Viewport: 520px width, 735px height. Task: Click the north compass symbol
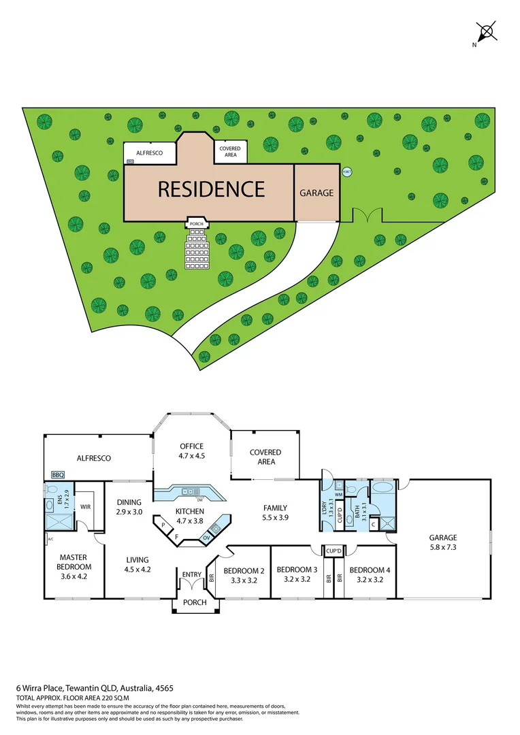pos(486,33)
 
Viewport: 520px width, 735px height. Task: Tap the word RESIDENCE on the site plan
pos(211,189)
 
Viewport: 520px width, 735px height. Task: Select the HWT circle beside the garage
pos(347,171)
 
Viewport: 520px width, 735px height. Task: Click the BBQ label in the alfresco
pos(56,475)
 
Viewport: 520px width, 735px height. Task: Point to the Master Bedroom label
pos(73,562)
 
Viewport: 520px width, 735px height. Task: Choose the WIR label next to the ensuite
pos(86,506)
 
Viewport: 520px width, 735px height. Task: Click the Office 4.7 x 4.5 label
pos(192,451)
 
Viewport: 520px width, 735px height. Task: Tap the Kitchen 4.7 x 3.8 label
pos(190,515)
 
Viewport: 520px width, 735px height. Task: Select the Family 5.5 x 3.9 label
pos(276,512)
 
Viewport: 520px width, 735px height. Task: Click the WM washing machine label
pos(338,495)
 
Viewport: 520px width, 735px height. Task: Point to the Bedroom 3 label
pos(296,575)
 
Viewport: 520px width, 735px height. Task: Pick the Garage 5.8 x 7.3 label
pos(443,542)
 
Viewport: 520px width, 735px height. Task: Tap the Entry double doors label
pos(192,575)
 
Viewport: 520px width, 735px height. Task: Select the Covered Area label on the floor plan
pos(265,457)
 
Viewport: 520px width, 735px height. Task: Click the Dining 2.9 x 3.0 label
pos(129,507)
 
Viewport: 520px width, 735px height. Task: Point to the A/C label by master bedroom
pos(50,540)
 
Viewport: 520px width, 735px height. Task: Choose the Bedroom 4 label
pos(370,575)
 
